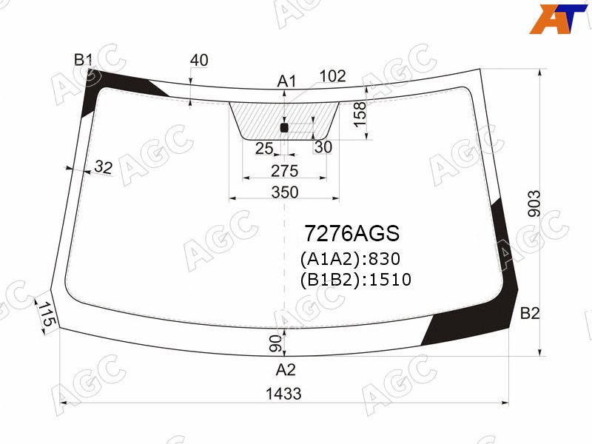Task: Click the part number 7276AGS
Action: tap(352, 233)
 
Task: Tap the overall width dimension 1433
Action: tap(284, 394)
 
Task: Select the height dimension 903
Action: tap(534, 204)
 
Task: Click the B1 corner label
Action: tap(83, 60)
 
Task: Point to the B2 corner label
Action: tap(530, 313)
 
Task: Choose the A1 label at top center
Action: tap(287, 81)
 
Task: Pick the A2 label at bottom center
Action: tap(286, 369)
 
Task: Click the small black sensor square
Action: tap(284, 128)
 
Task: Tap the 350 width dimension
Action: tap(285, 192)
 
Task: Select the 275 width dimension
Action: tap(285, 171)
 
